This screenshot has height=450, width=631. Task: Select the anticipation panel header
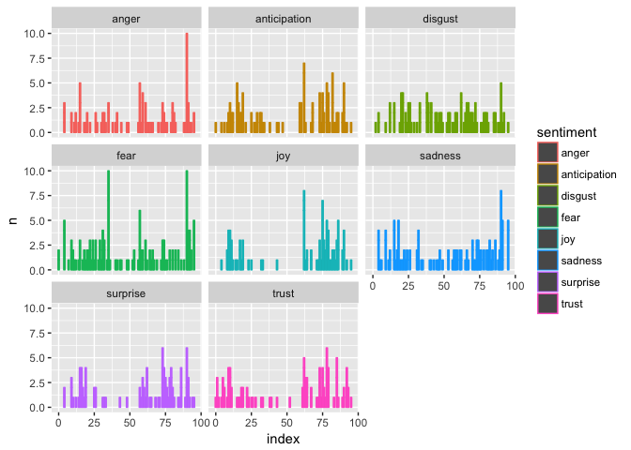click(283, 19)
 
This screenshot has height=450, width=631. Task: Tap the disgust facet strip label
click(439, 19)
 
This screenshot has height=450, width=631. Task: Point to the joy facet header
click(283, 156)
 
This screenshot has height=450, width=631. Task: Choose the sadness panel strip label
click(439, 156)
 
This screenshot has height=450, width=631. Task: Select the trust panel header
click(283, 293)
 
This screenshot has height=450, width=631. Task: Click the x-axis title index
click(283, 439)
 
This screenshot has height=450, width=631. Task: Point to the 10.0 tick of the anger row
click(36, 33)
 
